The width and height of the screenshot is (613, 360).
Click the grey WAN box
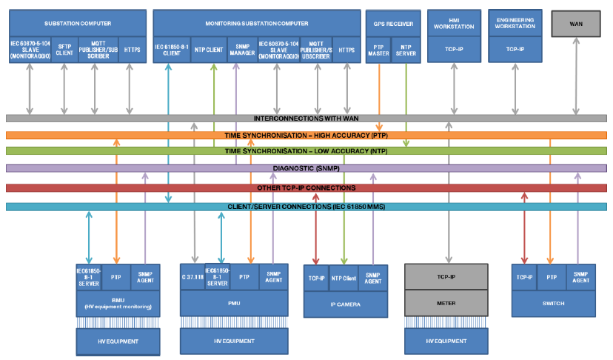pyautogui.click(x=576, y=24)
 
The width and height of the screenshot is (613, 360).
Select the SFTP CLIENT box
pyautogui.click(x=64, y=50)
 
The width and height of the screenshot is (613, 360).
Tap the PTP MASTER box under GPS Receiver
pyautogui.click(x=379, y=50)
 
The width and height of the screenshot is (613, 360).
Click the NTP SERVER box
pyautogui.click(x=406, y=50)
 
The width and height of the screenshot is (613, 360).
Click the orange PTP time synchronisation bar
pyautogui.click(x=306, y=136)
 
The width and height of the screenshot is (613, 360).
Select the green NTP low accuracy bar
pyautogui.click(x=306, y=151)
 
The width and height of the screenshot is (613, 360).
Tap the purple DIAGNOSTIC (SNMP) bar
pyautogui.click(x=306, y=168)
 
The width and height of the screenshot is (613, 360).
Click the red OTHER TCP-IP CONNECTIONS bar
pyautogui.click(x=306, y=188)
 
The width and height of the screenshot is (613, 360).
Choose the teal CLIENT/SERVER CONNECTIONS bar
pyautogui.click(x=306, y=207)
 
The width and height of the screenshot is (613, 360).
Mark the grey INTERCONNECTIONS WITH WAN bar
pyautogui.click(x=306, y=119)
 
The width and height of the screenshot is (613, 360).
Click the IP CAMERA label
pyautogui.click(x=346, y=304)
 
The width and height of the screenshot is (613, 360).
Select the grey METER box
pyautogui.click(x=446, y=302)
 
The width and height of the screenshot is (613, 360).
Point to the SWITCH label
pyautogui.click(x=554, y=303)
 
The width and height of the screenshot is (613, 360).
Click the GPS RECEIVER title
pyautogui.click(x=393, y=24)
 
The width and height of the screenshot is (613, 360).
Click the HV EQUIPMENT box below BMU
pyautogui.click(x=118, y=341)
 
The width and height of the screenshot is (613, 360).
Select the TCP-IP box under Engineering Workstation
pyautogui.click(x=515, y=50)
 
